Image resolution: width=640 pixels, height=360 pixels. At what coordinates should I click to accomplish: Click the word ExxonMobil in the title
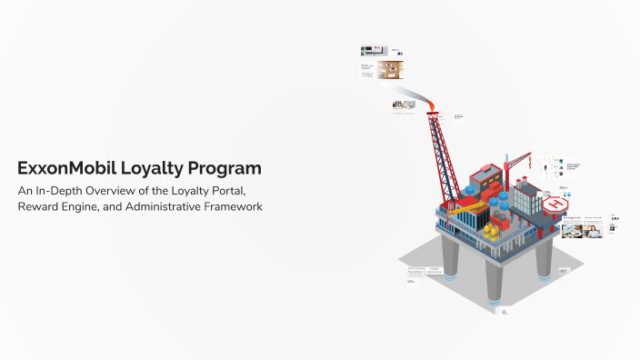point(62,168)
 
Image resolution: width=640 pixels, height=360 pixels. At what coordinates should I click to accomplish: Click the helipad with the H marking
point(555,205)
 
